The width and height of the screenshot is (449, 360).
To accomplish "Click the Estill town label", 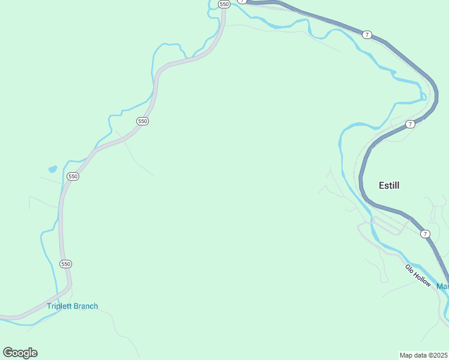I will point(389,185).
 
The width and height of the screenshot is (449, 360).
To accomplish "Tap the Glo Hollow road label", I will point(418,275).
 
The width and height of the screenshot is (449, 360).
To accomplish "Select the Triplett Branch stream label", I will point(72,306).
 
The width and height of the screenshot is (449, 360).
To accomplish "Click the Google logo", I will point(20,353).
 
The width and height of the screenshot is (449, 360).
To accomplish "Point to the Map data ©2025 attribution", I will point(424,355).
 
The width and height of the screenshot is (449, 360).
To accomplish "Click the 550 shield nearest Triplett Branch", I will point(66,263).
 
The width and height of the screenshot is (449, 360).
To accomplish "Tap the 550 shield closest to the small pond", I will point(73,176).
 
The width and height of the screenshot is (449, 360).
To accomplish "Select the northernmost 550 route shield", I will point(224,4).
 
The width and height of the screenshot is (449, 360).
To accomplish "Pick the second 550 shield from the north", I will point(142,121).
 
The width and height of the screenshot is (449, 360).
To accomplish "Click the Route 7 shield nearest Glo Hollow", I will point(425,233).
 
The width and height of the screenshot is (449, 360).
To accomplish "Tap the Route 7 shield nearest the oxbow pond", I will point(410,124).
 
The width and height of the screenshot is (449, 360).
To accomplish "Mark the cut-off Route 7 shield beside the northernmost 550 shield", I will point(242,1).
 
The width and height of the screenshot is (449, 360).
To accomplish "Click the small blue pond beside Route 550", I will point(53,169).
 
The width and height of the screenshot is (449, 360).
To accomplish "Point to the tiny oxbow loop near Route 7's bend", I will point(423,95).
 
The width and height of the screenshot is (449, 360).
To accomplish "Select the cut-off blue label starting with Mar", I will point(442,286).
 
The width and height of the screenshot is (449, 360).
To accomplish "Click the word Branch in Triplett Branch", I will point(86,306).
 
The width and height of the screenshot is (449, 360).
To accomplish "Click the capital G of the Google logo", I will point(8,352).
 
